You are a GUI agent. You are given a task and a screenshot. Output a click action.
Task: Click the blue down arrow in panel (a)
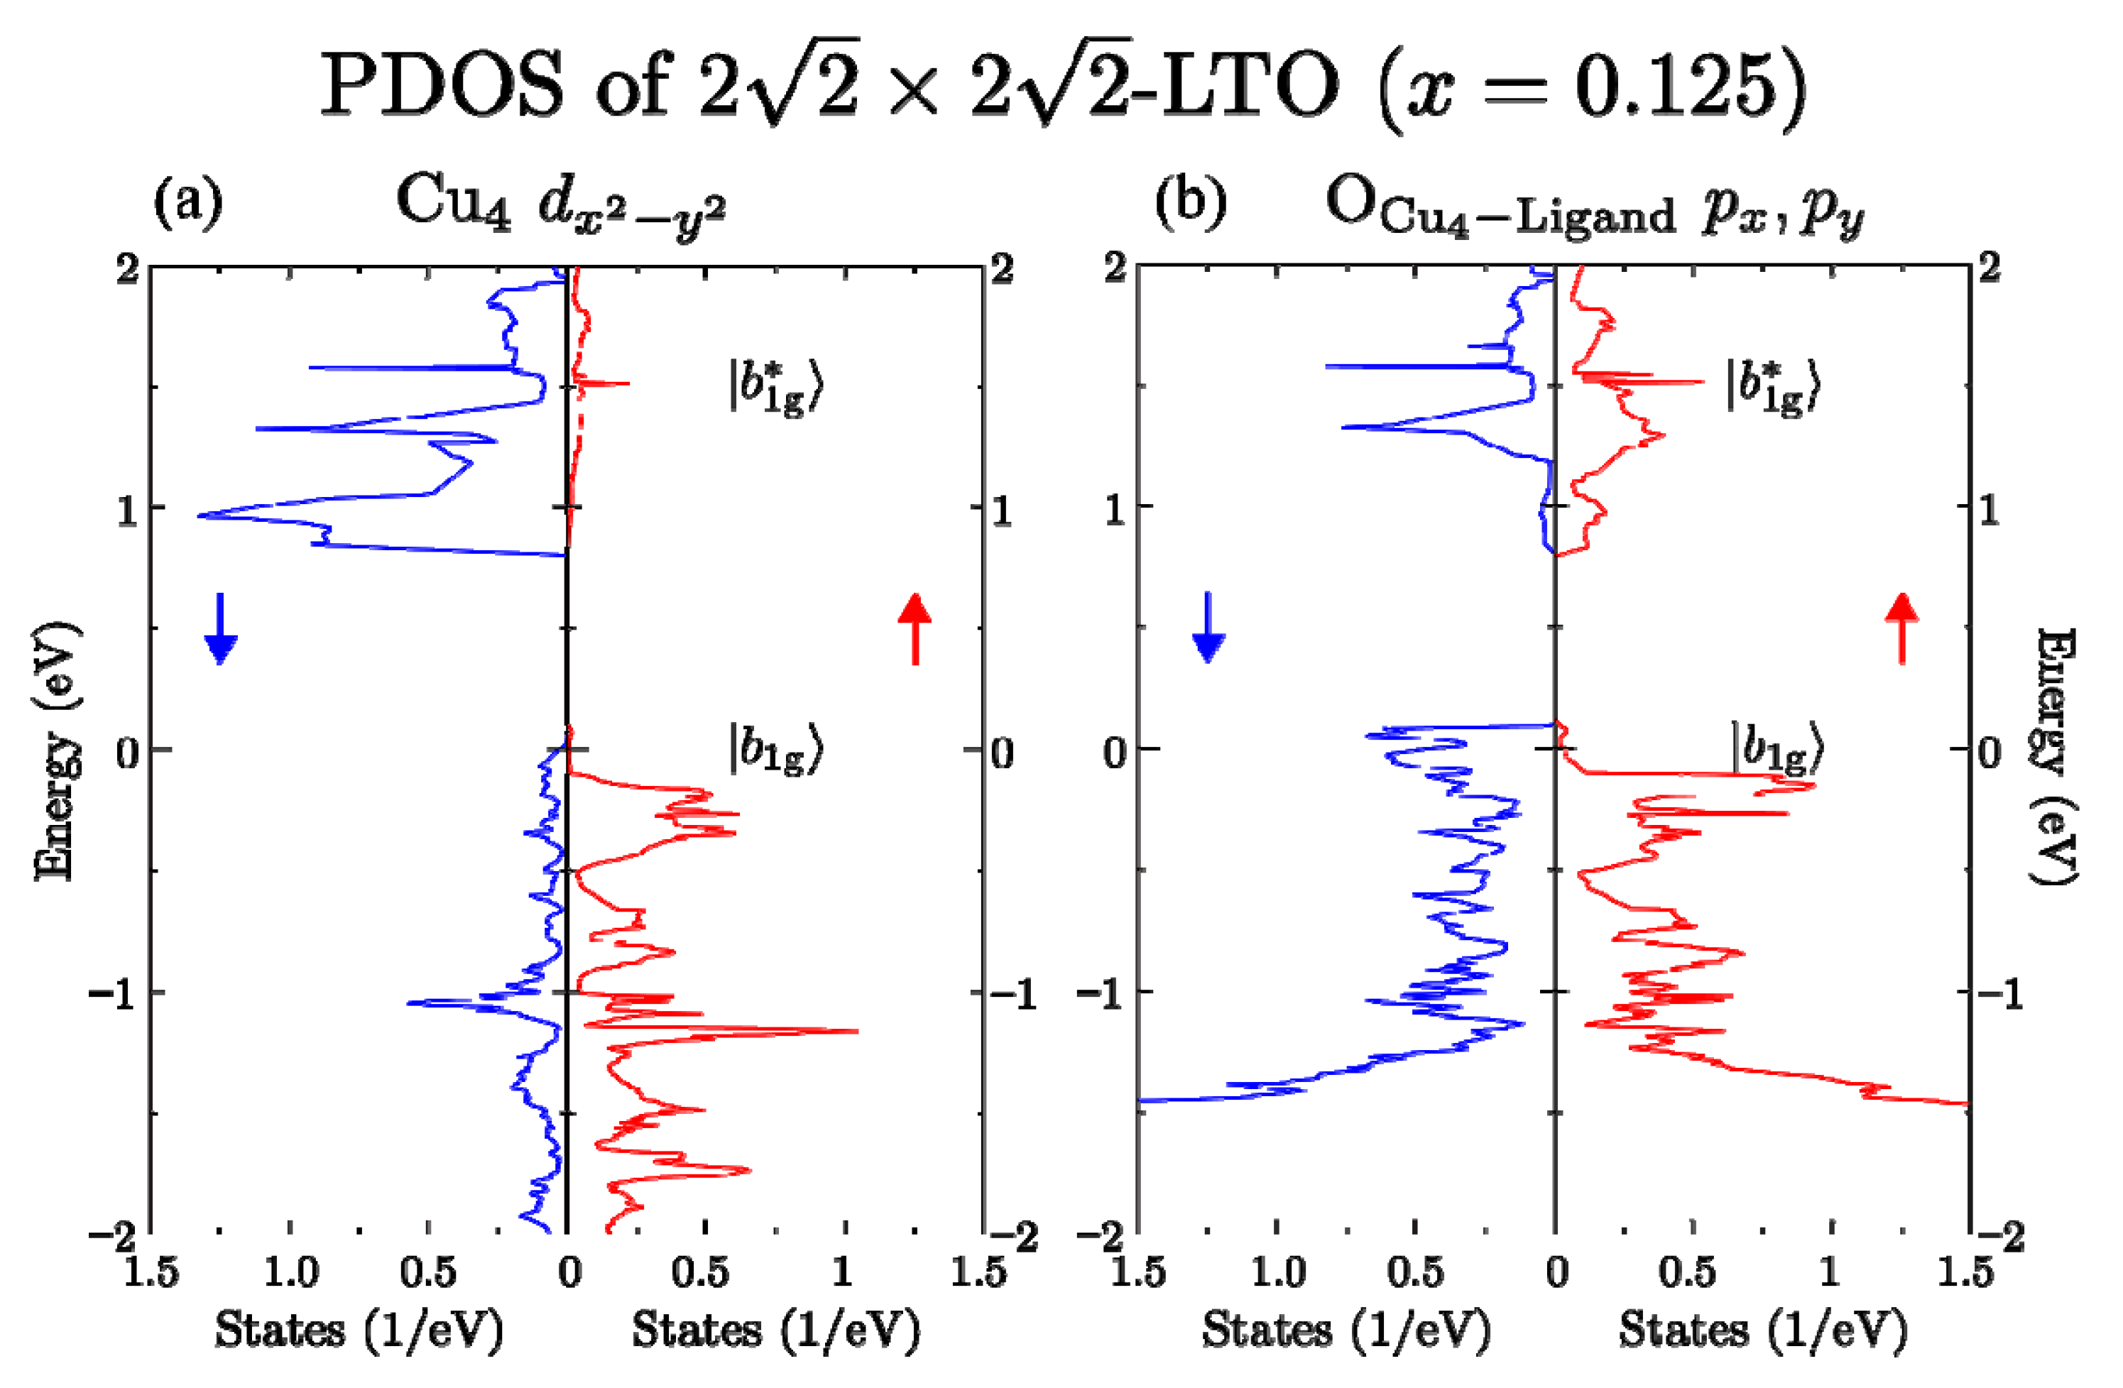pos(220,629)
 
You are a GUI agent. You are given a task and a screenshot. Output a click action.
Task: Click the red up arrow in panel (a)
pos(915,628)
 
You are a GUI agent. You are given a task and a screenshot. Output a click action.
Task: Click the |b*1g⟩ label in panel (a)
pos(774,388)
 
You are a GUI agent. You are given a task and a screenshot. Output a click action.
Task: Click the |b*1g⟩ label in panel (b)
pos(1772,388)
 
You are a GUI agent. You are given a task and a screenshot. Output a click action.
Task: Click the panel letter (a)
pos(188,203)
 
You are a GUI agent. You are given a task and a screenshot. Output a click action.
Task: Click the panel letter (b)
pos(1190,203)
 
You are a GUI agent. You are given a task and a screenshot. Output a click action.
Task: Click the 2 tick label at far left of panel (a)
pos(128,268)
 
